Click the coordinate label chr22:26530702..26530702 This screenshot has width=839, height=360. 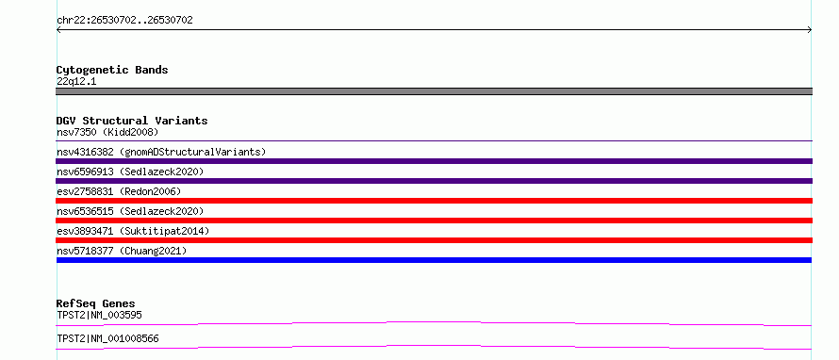124,21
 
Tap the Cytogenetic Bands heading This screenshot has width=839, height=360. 112,70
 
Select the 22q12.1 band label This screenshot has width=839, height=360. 76,82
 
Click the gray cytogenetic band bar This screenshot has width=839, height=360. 434,91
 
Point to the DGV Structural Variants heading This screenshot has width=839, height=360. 132,121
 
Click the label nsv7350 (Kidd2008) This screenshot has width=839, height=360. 107,132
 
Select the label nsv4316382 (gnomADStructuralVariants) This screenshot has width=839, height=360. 161,152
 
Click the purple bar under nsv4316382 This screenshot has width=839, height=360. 434,161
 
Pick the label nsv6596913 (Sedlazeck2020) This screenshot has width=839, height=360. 130,172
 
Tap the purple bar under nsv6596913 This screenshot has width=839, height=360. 434,181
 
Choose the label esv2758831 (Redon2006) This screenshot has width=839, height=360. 119,191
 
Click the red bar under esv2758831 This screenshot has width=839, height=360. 434,201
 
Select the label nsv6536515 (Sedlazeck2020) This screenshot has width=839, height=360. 130,211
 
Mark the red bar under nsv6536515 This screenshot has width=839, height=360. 434,221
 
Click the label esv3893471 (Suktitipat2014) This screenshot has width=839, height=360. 133,231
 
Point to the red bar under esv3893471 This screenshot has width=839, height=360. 434,240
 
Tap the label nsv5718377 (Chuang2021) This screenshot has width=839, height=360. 122,251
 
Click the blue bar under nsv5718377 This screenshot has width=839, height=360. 434,260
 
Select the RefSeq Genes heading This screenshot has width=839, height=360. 96,303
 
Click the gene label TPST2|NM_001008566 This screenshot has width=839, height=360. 107,338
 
